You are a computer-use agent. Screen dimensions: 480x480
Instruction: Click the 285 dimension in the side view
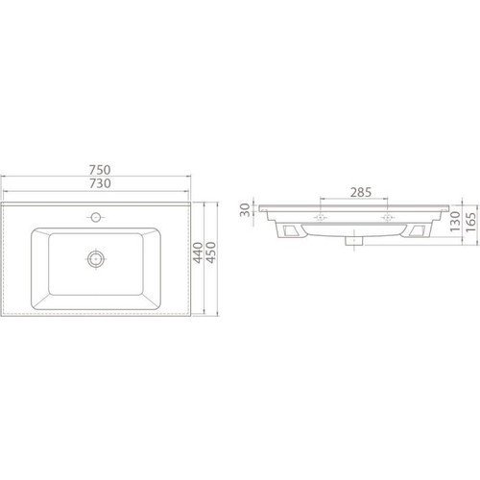[x=359, y=190]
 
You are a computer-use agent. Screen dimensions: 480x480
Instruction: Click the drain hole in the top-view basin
[x=96, y=258]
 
